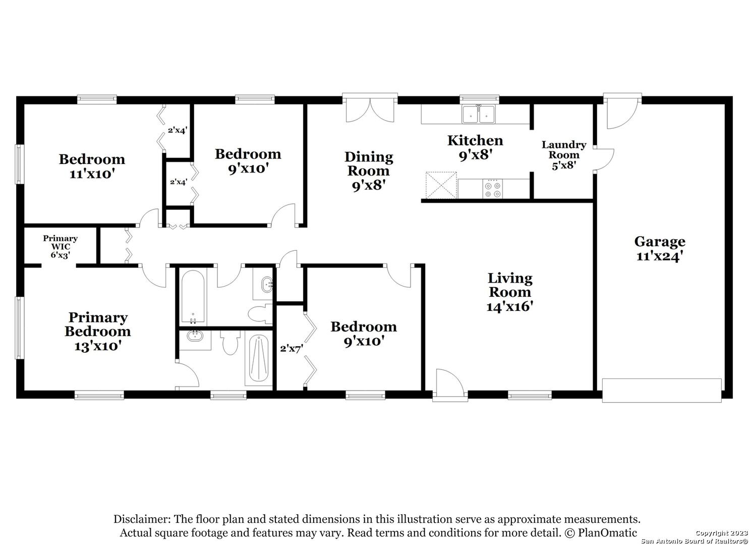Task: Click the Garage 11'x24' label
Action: point(659,249)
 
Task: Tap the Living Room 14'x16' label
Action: point(509,292)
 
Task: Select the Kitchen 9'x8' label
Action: point(475,147)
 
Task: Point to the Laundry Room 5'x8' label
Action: point(564,155)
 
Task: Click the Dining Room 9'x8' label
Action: point(369,171)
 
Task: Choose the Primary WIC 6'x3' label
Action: point(60,247)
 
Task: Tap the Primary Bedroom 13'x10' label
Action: point(98,331)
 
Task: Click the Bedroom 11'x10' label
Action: point(92,167)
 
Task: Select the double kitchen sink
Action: point(479,115)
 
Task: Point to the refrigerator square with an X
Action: point(441,185)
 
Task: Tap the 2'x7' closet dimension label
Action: point(292,349)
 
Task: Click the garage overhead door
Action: point(662,391)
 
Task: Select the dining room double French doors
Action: point(370,108)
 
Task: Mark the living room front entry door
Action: point(449,385)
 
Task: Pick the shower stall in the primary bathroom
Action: point(258,358)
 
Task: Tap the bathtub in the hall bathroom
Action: point(193,297)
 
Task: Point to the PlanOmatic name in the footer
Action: point(607,532)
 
